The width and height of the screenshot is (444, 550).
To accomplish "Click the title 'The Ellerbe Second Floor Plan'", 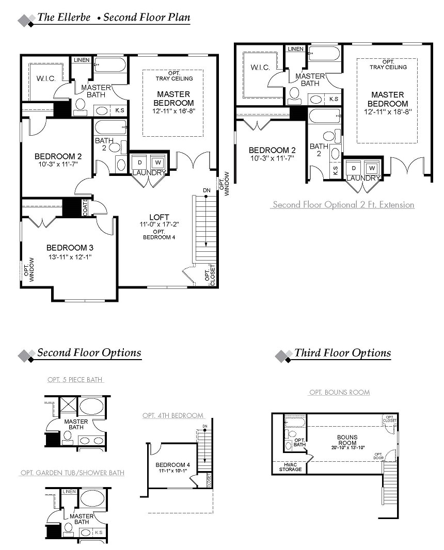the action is click(x=114, y=17).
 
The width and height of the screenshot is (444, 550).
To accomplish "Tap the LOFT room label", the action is click(x=159, y=217).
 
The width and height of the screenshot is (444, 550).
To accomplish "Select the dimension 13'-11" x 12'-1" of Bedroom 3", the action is click(x=70, y=257).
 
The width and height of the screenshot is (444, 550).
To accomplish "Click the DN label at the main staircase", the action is click(x=207, y=190).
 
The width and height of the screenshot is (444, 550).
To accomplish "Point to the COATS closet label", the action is click(x=85, y=207).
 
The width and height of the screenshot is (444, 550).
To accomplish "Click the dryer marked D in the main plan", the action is click(x=140, y=163).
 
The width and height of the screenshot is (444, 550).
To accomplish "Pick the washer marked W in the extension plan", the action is click(x=372, y=168).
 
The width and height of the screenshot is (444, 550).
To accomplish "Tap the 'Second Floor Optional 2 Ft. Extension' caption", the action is click(x=344, y=204).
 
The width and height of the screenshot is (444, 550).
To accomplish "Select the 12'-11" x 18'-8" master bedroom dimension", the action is click(x=388, y=112).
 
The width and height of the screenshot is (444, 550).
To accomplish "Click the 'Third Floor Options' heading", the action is click(x=343, y=353).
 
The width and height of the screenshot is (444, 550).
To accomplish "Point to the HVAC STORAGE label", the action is click(x=290, y=467).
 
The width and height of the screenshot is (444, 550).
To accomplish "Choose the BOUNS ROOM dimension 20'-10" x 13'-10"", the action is click(x=348, y=447).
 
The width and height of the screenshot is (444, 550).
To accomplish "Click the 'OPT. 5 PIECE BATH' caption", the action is click(x=75, y=380).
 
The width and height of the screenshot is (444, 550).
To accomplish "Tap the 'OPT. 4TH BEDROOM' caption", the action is click(x=173, y=416).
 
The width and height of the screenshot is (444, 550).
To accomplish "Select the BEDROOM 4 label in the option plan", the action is click(x=172, y=465).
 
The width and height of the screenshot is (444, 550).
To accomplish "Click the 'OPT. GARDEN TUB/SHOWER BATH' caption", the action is click(x=72, y=473).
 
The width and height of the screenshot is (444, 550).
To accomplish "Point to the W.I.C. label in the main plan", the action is click(x=46, y=78).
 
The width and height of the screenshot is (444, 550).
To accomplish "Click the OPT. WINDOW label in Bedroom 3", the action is click(x=29, y=270).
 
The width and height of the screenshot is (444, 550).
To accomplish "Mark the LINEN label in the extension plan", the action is click(x=295, y=48).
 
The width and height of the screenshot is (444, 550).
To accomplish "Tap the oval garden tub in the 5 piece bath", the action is click(x=91, y=407).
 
